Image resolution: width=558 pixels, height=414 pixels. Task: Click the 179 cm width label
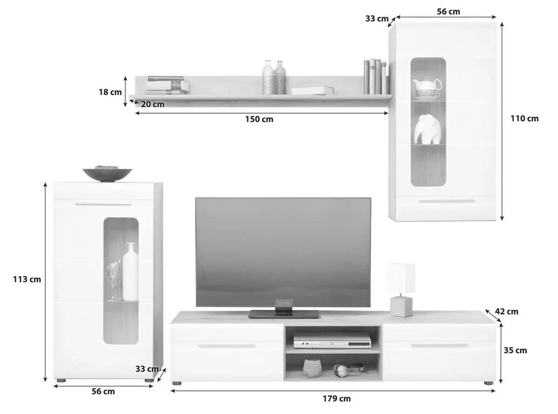337,398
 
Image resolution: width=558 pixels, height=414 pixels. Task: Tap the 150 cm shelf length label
259,119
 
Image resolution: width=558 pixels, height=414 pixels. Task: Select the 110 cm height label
525,118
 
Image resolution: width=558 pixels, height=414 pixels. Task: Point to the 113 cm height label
27,279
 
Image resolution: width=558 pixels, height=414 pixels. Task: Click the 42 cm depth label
506,312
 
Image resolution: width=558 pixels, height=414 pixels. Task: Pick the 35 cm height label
515,350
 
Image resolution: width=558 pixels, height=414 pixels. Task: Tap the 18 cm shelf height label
110,92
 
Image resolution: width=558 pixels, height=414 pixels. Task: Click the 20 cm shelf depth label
153,104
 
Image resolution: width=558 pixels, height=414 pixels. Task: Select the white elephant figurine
427,129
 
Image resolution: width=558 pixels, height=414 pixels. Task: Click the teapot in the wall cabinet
427,87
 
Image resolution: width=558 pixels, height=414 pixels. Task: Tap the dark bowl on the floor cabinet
107,174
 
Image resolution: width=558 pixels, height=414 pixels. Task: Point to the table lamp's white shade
400,278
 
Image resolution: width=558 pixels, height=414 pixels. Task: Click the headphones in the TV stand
348,370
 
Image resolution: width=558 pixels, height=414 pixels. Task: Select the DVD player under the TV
332,341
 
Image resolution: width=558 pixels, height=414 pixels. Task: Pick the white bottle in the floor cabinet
130,272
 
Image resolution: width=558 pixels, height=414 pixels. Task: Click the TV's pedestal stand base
284,314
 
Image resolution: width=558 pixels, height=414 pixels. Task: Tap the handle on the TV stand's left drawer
226,346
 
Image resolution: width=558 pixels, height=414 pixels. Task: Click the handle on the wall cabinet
446,201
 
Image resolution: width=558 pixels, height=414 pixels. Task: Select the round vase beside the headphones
312,367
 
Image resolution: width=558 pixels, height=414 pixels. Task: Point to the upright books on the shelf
375,76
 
